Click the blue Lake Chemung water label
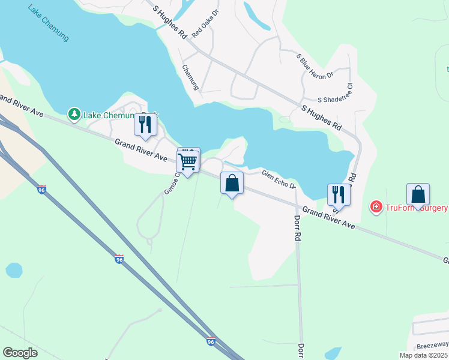48,24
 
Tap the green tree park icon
74,114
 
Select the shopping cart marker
188,162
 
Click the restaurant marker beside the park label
145,124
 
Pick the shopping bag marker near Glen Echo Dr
232,183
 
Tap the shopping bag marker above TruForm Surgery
418,194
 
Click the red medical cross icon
376,208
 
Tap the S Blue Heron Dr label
315,66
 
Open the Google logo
20,352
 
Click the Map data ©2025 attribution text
423,355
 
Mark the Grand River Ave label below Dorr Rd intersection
328,218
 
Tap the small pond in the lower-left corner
14,270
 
